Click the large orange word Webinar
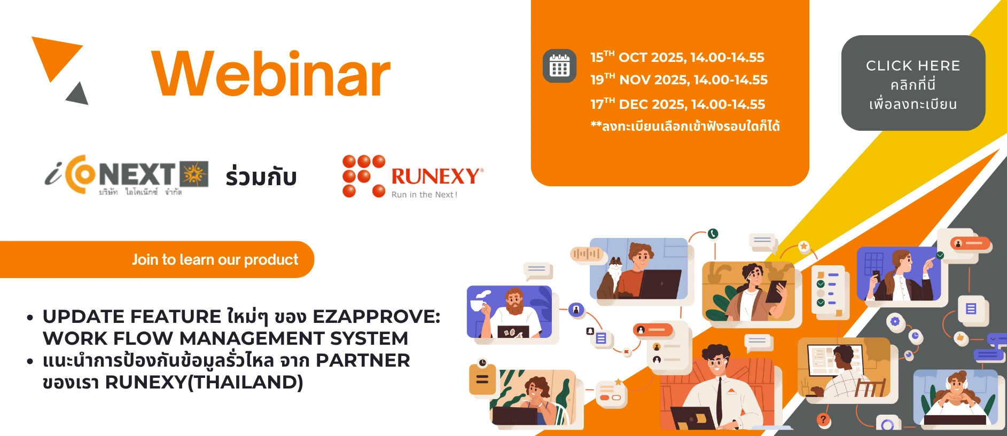coord(271,74)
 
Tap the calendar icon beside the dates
coord(559,66)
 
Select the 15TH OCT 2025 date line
coord(677,57)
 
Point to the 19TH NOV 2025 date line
coord(678,80)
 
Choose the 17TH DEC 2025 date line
coord(677,104)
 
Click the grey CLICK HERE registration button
coord(913,83)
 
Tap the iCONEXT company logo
coord(127,175)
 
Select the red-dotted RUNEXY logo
coord(413,177)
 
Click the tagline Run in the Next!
coord(424,195)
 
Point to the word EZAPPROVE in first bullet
coord(376,316)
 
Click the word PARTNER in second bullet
coord(363,360)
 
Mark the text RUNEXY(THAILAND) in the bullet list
coord(204,382)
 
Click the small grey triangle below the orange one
coord(79,94)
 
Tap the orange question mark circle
coord(823,419)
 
